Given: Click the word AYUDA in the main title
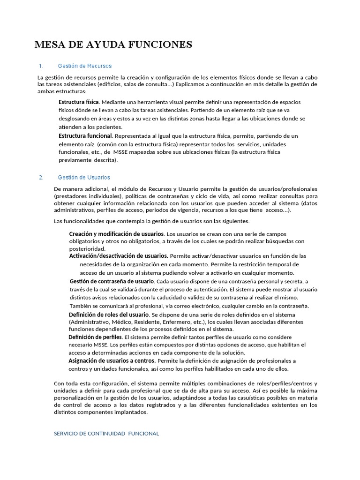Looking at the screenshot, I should coord(99,45).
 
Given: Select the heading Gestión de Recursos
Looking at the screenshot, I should coord(84,66).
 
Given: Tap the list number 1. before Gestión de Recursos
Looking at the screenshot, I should coord(41,66).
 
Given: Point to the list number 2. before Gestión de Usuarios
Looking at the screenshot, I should coord(41,177).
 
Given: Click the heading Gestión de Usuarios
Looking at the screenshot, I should coord(84,177).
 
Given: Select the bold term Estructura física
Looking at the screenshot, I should coord(78,102).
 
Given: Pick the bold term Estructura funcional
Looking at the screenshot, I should coord(85,135).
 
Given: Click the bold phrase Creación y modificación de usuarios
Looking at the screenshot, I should coord(116,233).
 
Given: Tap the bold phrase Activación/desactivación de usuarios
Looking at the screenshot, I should coord(119,256).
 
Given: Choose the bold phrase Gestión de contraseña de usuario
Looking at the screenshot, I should coord(112,281).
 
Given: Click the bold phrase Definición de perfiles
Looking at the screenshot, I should coord(95,337).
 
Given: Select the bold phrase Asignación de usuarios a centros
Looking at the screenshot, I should coord(112,360).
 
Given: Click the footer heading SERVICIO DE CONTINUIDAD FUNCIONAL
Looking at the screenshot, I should coord(107,434).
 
